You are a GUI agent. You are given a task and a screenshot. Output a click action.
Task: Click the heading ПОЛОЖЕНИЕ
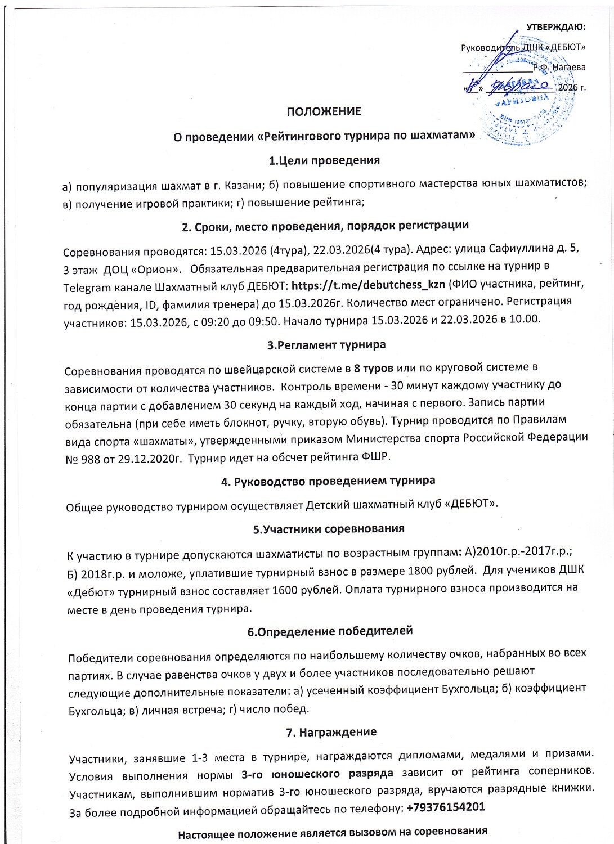(x=324, y=111)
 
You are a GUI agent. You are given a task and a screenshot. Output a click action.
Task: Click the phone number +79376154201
(x=446, y=807)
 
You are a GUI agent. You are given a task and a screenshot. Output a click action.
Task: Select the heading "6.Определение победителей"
(x=330, y=631)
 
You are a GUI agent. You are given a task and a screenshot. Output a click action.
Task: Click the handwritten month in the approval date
(x=519, y=87)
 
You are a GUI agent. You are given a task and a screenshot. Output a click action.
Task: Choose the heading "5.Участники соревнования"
(x=329, y=529)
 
